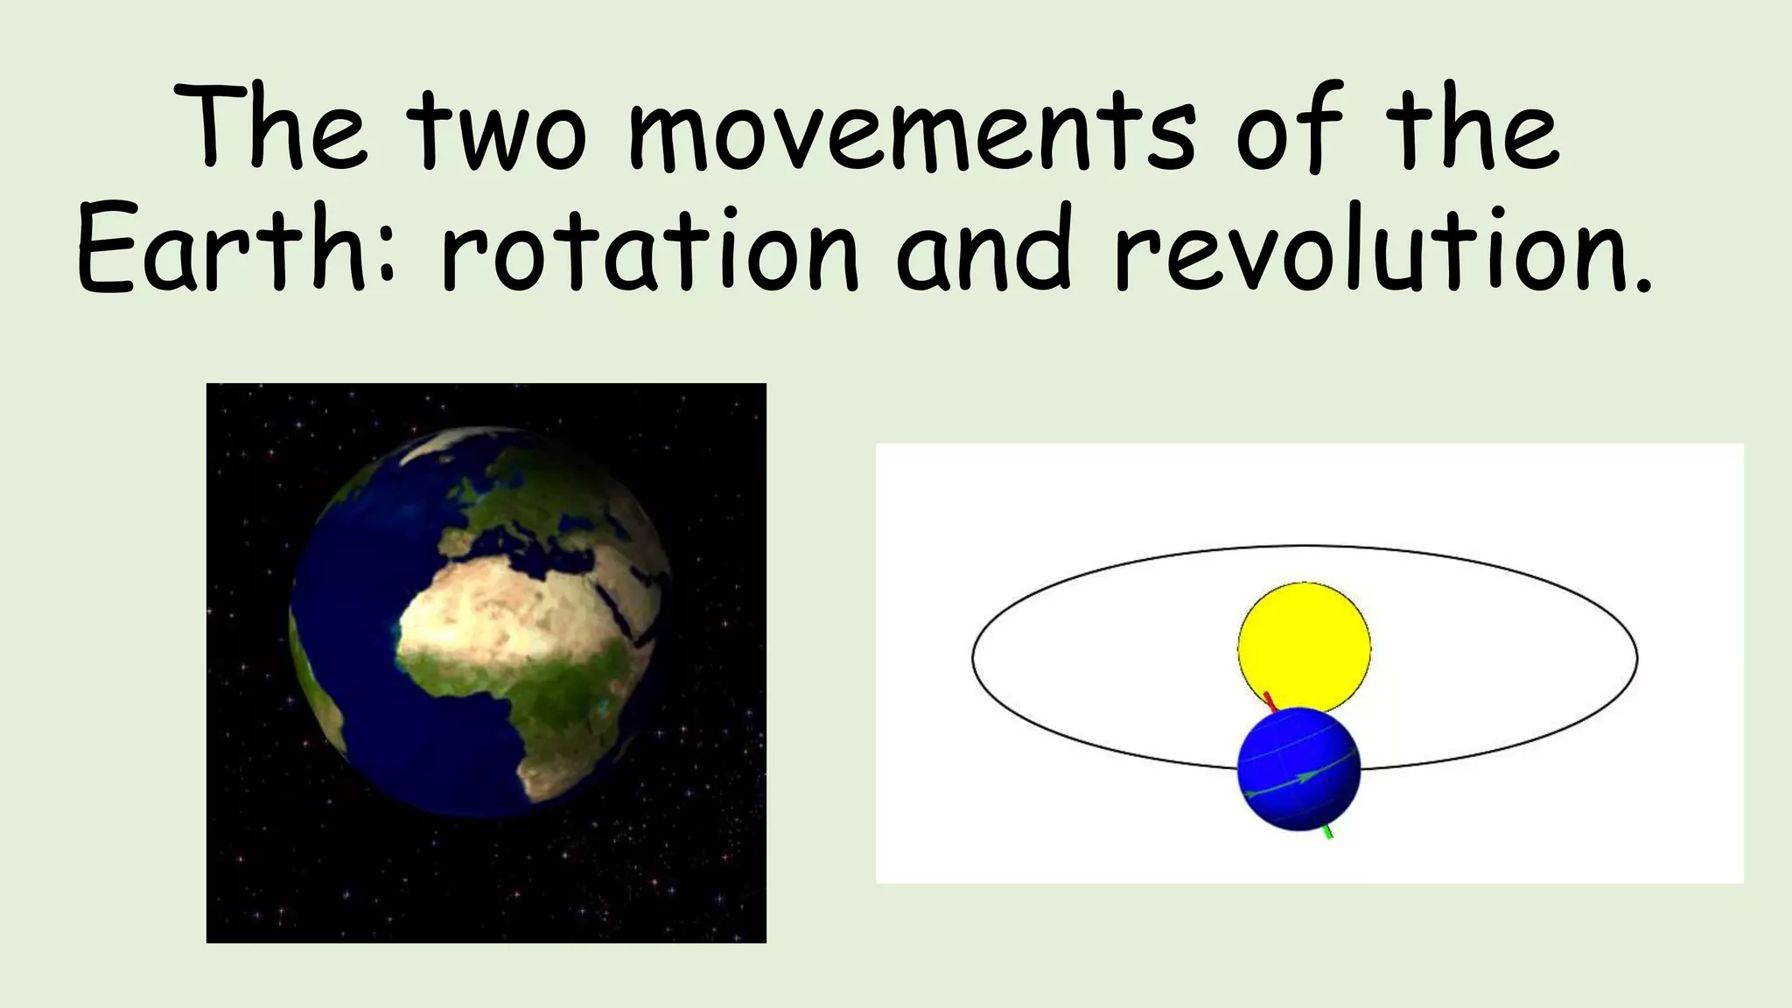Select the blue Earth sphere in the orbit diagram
click(1298, 769)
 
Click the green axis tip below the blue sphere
click(1329, 834)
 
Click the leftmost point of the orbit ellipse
click(973, 656)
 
